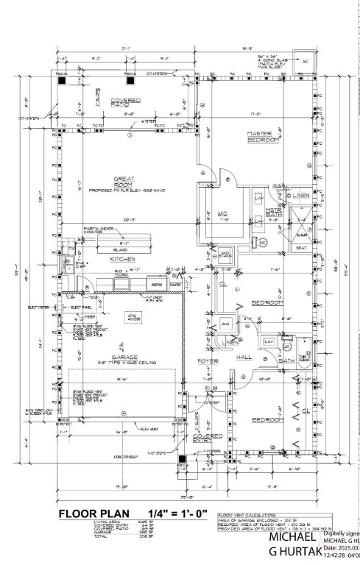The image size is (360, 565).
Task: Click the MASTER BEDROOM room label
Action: pyautogui.click(x=261, y=135)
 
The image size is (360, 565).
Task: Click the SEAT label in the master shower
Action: pyautogui.click(x=300, y=248)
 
